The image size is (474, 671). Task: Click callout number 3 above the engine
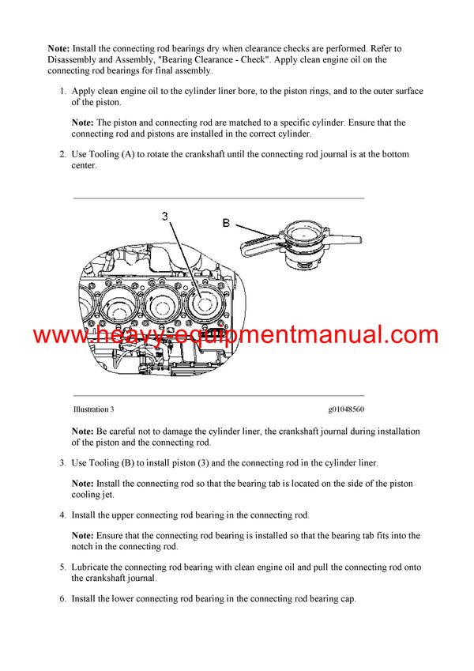coord(164,216)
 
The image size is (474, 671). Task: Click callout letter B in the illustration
coord(226,224)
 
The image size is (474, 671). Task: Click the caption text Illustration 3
coord(93,409)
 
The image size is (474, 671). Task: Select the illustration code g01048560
coord(346,409)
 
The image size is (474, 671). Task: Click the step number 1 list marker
coord(63,92)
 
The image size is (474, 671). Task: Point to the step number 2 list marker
coord(63,155)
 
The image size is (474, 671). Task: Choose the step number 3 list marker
coord(63,463)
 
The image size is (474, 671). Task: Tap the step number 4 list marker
coord(63,515)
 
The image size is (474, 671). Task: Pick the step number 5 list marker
coord(63,567)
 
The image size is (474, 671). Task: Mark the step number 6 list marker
coord(63,599)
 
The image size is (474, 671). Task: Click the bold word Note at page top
coord(58,49)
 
